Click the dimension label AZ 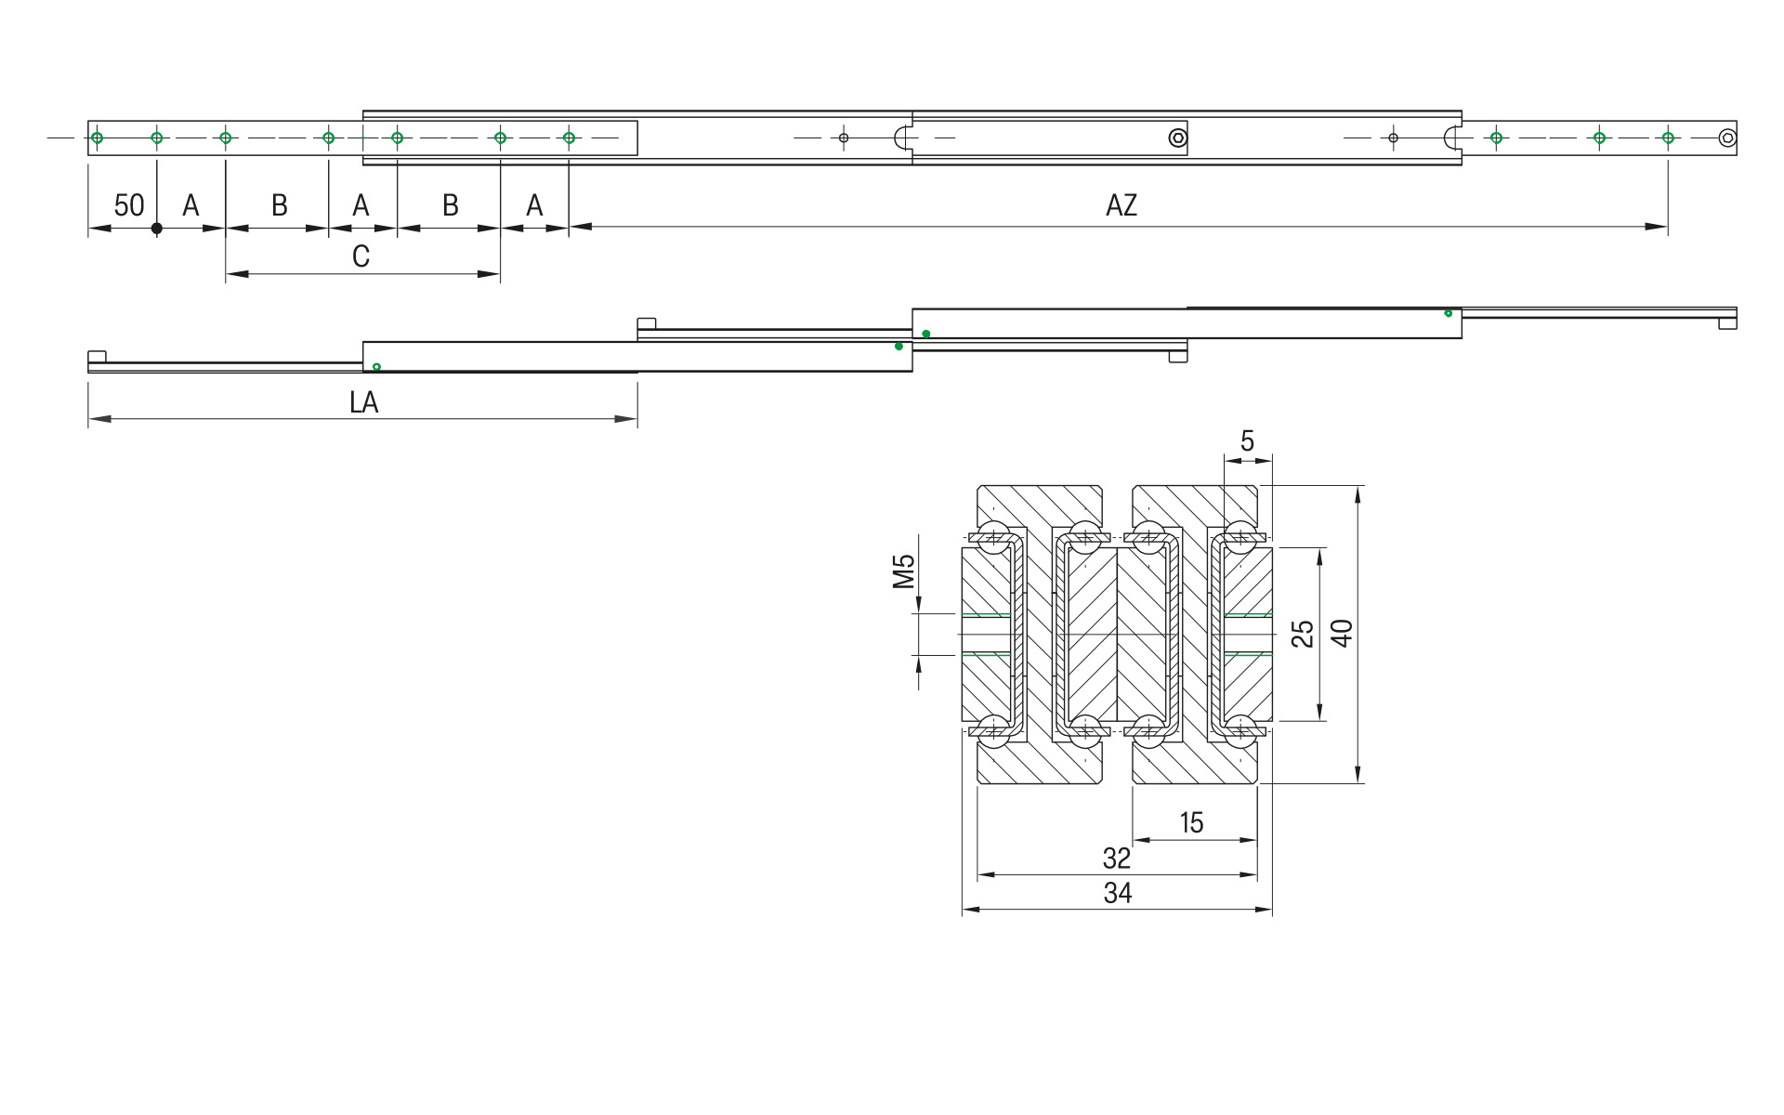pyautogui.click(x=1121, y=205)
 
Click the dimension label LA pyautogui.click(x=363, y=402)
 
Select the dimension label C pyautogui.click(x=361, y=256)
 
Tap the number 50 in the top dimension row pyautogui.click(x=128, y=205)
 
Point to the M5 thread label pyautogui.click(x=903, y=571)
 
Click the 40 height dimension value pyautogui.click(x=1342, y=633)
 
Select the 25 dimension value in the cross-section pyautogui.click(x=1303, y=634)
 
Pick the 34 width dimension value pyautogui.click(x=1117, y=893)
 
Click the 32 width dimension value pyautogui.click(x=1116, y=858)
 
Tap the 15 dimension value pyautogui.click(x=1191, y=822)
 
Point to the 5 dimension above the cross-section pyautogui.click(x=1247, y=440)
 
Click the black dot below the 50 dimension pyautogui.click(x=157, y=228)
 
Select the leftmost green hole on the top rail pyautogui.click(x=97, y=138)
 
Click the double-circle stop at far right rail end pyautogui.click(x=1726, y=138)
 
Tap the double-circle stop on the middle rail pyautogui.click(x=1177, y=138)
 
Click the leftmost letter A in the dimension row pyautogui.click(x=190, y=205)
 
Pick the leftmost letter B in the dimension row pyautogui.click(x=279, y=205)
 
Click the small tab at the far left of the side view pyautogui.click(x=97, y=357)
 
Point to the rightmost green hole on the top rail pyautogui.click(x=1668, y=138)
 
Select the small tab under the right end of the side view pyautogui.click(x=1726, y=323)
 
